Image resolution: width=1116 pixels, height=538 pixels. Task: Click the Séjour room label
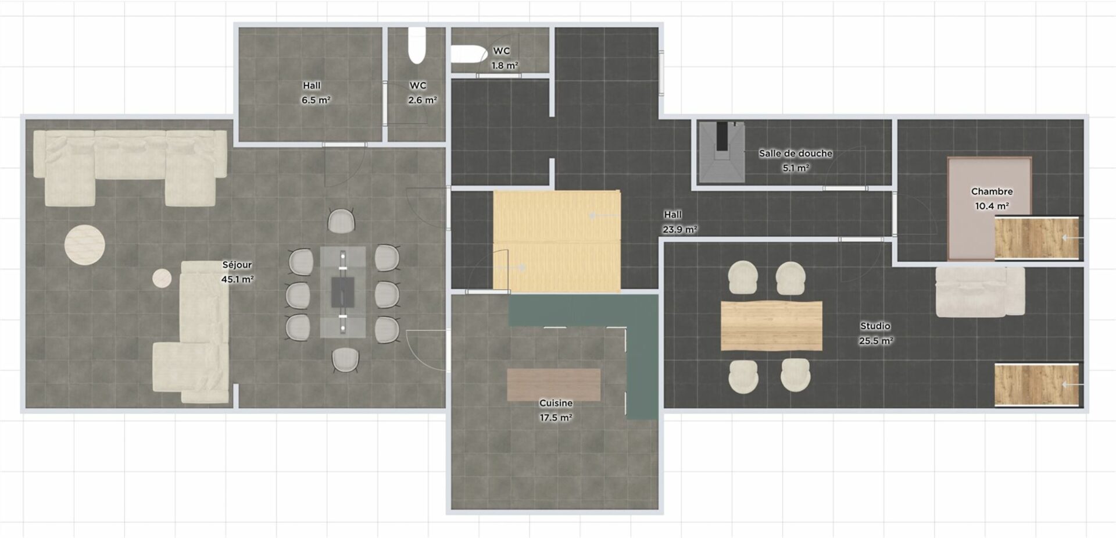click(x=237, y=265)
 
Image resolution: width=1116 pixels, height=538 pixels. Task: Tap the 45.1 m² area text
click(x=237, y=279)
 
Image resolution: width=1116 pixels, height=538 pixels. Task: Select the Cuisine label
click(x=556, y=403)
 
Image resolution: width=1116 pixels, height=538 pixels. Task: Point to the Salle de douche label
click(x=796, y=154)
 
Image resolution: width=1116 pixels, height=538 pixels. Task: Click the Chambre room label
click(x=992, y=191)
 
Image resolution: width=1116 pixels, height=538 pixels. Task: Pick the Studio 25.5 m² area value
click(x=876, y=341)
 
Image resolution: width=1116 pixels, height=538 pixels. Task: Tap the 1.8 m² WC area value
click(x=505, y=66)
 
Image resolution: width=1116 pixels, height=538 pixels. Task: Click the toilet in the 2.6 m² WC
click(x=417, y=45)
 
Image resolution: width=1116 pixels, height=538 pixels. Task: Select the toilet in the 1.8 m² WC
click(x=468, y=54)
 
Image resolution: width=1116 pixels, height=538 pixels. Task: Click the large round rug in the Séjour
click(x=85, y=245)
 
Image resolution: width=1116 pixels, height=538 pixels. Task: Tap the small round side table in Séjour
click(x=162, y=278)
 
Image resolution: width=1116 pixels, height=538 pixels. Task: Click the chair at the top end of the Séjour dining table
click(x=341, y=220)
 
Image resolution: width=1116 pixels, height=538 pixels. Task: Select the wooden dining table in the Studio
click(x=771, y=326)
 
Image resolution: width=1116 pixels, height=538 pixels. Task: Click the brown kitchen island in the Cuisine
click(x=553, y=384)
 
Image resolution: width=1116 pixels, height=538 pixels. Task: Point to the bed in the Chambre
click(x=989, y=208)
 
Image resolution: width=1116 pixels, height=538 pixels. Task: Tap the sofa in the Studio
click(x=980, y=291)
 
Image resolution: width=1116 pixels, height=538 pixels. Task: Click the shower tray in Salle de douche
click(x=721, y=152)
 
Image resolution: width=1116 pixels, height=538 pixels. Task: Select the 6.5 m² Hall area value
click(x=316, y=100)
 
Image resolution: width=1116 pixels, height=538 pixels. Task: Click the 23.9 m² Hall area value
click(x=679, y=230)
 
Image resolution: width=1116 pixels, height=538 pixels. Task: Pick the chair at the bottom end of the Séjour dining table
click(x=345, y=360)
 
